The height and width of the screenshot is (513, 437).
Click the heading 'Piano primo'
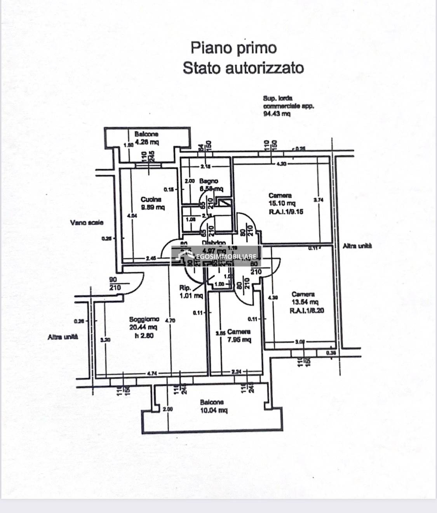point(233,48)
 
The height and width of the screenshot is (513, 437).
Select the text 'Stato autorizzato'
point(243,68)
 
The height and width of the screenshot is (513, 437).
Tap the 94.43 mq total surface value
point(277,114)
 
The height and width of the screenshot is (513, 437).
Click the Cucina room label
point(151,199)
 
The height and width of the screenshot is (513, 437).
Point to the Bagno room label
point(209,181)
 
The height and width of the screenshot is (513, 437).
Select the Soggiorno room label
point(144,319)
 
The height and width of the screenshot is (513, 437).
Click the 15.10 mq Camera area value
point(282,203)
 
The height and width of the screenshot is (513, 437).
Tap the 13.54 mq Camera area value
point(305,302)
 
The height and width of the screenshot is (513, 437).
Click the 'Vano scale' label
point(87,223)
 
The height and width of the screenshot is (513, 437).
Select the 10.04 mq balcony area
point(212,410)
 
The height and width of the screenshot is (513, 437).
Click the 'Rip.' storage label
point(185,288)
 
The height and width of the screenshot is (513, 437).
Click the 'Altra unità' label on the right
point(357,246)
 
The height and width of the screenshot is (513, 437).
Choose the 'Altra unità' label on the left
point(63,337)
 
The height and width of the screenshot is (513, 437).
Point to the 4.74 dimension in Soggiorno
point(152,373)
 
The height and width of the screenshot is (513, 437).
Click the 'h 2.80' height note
point(144,336)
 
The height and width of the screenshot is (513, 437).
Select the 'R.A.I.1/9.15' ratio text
point(286,211)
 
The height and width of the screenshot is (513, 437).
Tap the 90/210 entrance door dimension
point(115,284)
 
